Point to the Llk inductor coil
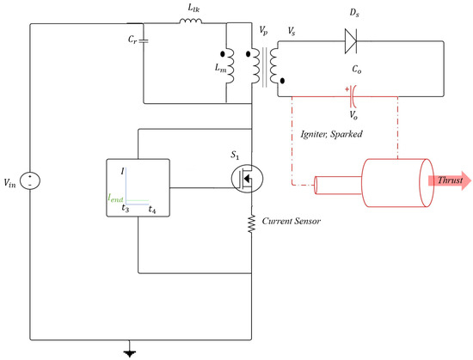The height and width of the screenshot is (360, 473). (x=190, y=23)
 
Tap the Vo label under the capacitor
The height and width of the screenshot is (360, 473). (x=354, y=113)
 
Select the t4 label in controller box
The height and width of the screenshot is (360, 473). (x=151, y=209)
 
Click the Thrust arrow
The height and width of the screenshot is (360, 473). (x=443, y=180)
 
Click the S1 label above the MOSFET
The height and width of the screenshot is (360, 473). (x=236, y=155)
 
